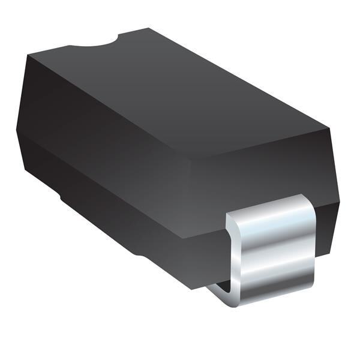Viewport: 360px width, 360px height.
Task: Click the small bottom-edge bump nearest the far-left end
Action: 62,196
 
